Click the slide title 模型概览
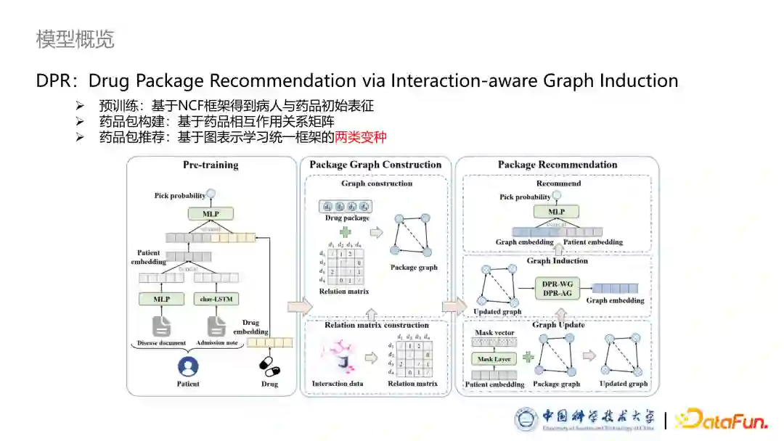pos(75,39)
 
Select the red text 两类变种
pos(361,137)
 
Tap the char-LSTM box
pos(216,298)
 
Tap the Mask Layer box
pos(494,359)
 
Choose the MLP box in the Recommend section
pos(557,212)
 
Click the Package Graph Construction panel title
pos(375,165)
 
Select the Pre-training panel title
pos(211,165)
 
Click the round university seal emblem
pos(527,419)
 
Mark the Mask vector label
pos(494,333)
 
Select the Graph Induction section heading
pos(557,261)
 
